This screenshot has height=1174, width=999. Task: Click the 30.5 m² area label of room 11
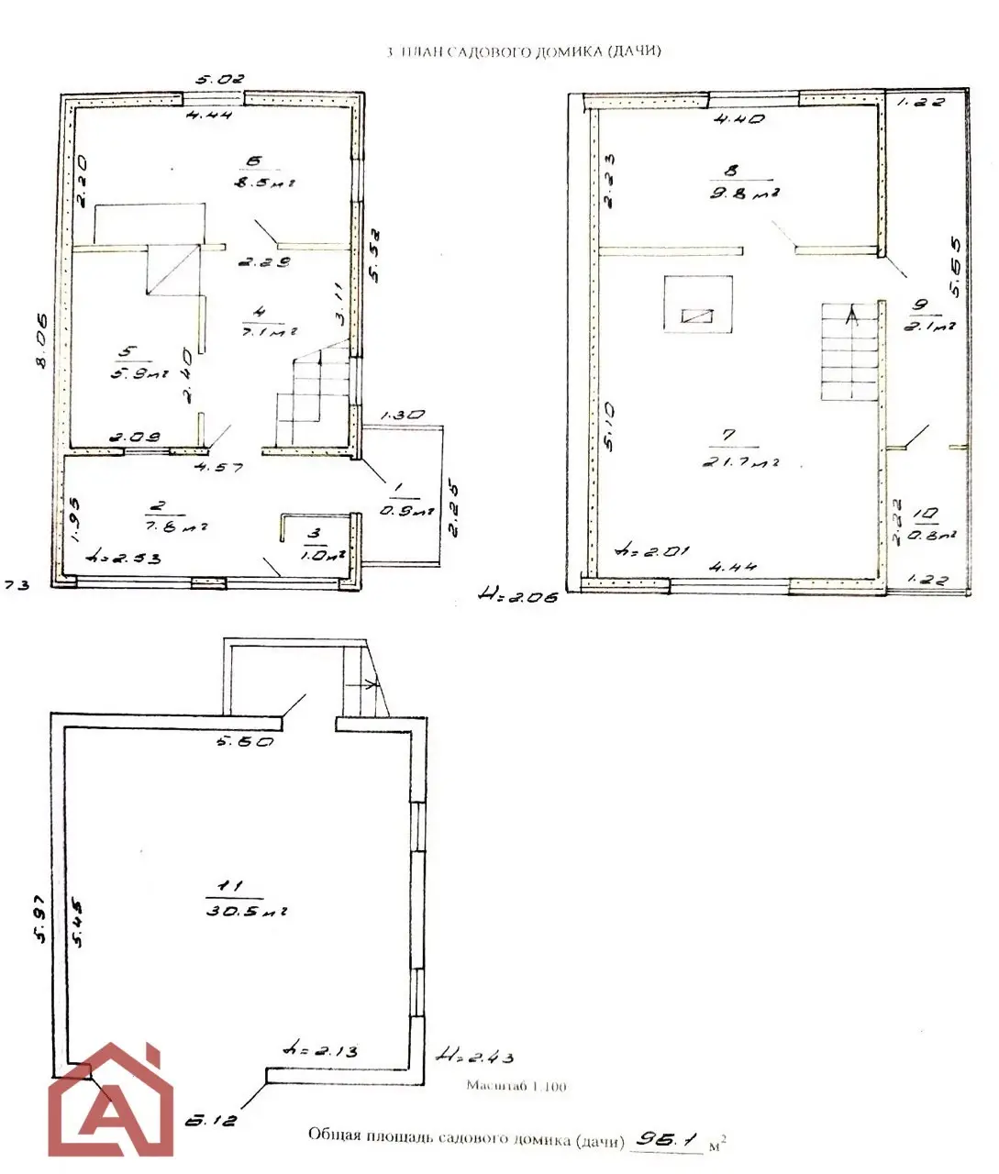click(247, 912)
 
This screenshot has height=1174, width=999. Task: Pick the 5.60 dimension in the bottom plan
click(245, 741)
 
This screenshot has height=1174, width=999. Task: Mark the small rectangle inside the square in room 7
click(697, 316)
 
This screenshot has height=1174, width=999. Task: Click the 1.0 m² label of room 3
click(322, 554)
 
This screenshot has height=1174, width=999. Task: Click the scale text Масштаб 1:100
click(516, 1086)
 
